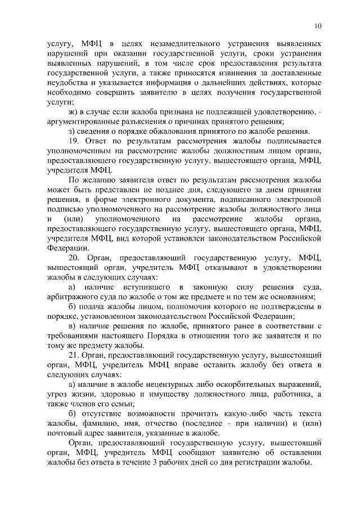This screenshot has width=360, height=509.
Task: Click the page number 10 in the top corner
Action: (x=318, y=26)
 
